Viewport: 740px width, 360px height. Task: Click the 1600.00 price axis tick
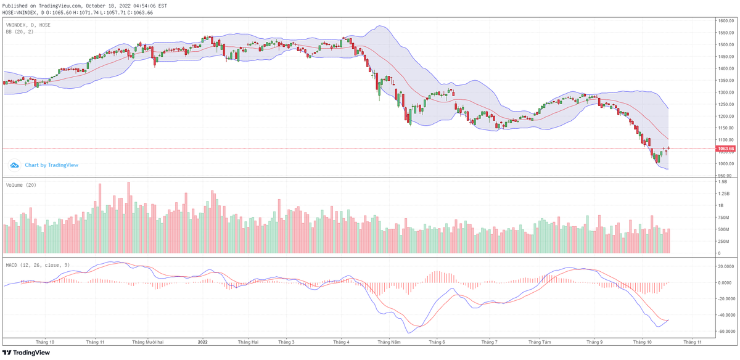point(725,21)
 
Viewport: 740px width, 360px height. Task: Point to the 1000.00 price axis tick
point(725,164)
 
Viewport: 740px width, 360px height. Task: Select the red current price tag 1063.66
point(725,149)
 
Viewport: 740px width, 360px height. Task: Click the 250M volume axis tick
point(723,241)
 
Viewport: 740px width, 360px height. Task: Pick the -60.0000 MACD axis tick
point(725,331)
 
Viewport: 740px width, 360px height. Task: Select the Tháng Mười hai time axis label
point(148,342)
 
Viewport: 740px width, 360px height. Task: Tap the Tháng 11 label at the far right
point(692,342)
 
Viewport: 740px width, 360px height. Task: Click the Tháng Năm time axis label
point(389,342)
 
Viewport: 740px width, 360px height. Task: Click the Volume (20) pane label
point(20,185)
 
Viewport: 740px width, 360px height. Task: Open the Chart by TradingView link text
point(51,165)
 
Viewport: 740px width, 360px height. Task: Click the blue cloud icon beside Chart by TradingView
point(15,165)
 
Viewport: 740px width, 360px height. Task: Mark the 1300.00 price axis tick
point(725,92)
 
